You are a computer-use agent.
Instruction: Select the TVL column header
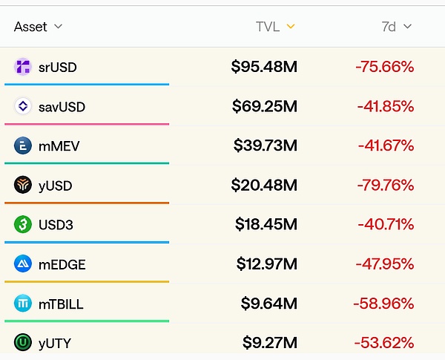point(267,27)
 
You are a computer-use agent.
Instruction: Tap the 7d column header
point(389,27)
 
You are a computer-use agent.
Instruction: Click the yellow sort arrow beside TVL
point(291,27)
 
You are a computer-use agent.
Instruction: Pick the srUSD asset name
point(58,68)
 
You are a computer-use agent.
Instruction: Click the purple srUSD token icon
point(23,67)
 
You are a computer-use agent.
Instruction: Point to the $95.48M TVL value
point(264,67)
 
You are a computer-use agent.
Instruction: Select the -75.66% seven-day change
point(384,67)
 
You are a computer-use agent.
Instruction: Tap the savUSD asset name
point(62,107)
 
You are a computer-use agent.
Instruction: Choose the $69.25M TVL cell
point(264,106)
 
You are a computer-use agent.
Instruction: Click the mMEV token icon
point(23,145)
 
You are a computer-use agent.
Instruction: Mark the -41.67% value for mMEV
point(385,145)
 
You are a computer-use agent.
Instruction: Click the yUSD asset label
point(56,186)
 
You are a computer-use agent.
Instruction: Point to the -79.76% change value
point(384,185)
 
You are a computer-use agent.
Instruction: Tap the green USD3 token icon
point(23,224)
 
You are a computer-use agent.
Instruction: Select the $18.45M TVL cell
point(266,224)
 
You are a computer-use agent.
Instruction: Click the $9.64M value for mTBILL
point(268,303)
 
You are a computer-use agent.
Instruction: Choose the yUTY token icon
point(23,342)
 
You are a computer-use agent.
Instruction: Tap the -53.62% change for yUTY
point(384,342)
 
